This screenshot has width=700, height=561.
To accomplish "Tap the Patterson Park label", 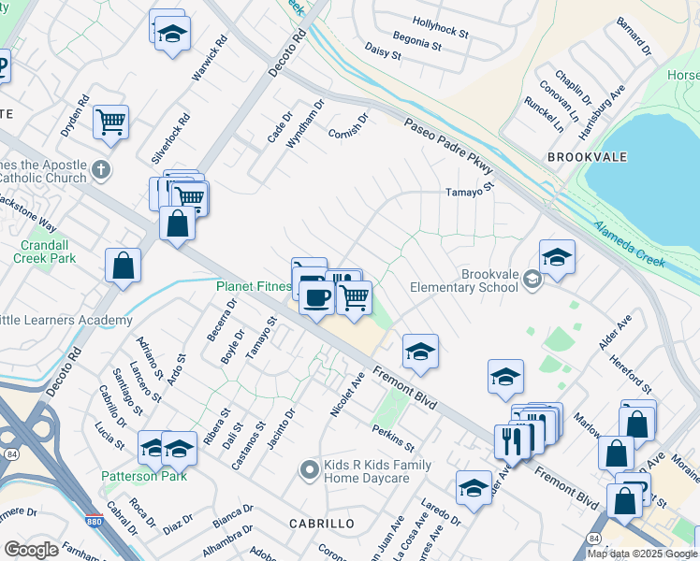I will pos(144,476).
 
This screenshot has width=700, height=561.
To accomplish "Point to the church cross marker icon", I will pos(102,171).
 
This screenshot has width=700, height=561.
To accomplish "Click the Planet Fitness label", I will pos(253,286).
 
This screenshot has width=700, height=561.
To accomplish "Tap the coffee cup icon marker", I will pos(316,297).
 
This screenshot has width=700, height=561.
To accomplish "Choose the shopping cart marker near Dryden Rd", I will pos(111,121).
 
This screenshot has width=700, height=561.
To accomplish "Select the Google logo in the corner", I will pos(32,550).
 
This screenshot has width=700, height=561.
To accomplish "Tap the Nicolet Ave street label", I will pos(346,396).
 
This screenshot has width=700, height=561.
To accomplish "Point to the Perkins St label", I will pos(392,437).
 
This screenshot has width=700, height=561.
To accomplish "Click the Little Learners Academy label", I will pos(66,321).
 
